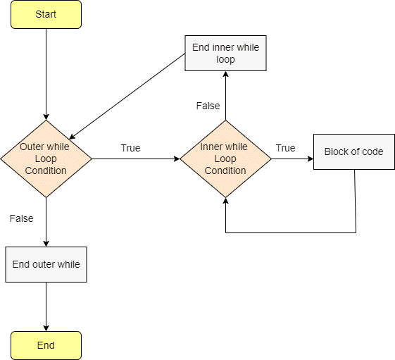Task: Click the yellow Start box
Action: pyautogui.click(x=46, y=14)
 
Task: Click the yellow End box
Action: pyautogui.click(x=46, y=345)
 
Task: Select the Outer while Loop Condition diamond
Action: pyautogui.click(x=46, y=159)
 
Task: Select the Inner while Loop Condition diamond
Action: pyautogui.click(x=225, y=159)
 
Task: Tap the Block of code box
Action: pyautogui.click(x=353, y=151)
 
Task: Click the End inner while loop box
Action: pyautogui.click(x=225, y=54)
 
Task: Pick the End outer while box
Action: pyautogui.click(x=46, y=264)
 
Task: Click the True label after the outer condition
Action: pyautogui.click(x=130, y=148)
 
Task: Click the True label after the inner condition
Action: pyautogui.click(x=285, y=148)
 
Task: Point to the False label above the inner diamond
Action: pyautogui.click(x=208, y=106)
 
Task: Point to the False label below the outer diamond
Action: pyautogui.click(x=21, y=218)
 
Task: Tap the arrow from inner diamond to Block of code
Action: pyautogui.click(x=291, y=159)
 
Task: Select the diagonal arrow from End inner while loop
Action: pyautogui.click(x=127, y=94)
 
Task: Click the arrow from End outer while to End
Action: pyautogui.click(x=46, y=306)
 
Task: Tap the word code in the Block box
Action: pyautogui.click(x=372, y=151)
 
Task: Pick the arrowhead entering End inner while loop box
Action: pyautogui.click(x=225, y=75)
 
